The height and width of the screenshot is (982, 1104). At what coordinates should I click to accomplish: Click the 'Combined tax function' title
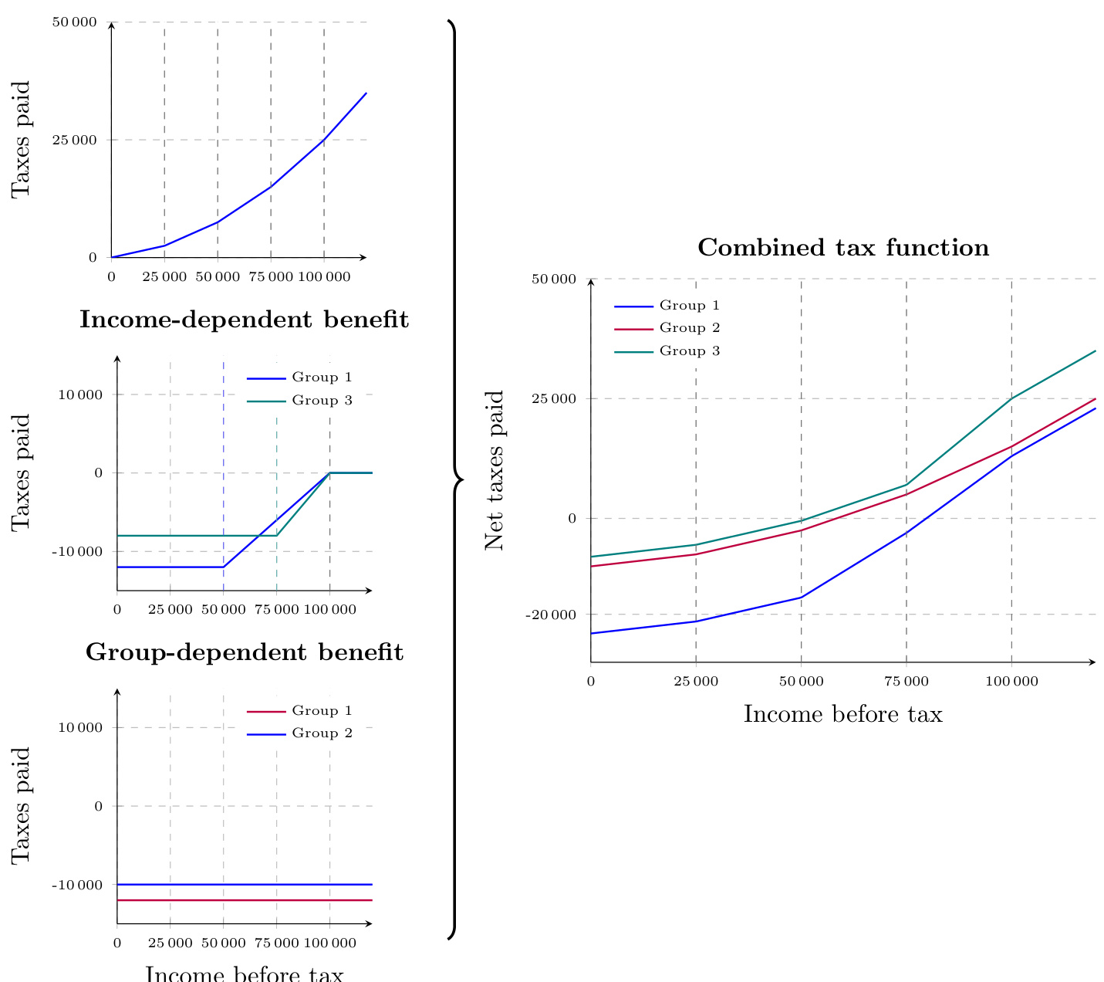tap(843, 249)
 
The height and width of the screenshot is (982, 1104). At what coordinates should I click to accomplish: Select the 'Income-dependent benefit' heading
tap(244, 320)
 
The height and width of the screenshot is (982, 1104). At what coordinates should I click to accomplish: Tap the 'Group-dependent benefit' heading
tap(244, 653)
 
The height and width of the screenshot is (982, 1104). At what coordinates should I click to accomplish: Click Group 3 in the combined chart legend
tap(690, 352)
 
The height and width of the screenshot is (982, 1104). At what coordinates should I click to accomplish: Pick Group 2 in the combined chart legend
tap(690, 329)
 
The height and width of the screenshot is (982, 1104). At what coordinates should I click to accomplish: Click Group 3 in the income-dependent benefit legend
tap(322, 401)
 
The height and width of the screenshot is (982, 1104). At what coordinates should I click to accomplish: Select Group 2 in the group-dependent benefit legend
tap(322, 733)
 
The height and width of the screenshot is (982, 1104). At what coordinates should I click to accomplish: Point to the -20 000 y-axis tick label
tap(551, 615)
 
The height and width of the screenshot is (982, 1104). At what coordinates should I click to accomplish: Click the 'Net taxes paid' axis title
tap(495, 470)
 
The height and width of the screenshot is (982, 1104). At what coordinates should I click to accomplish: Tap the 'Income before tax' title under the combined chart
tap(842, 714)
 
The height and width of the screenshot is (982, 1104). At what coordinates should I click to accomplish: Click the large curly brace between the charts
tap(457, 479)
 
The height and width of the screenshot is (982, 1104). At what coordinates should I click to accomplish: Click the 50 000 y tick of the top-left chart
tap(74, 22)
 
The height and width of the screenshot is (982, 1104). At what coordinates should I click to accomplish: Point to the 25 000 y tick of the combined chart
tap(554, 399)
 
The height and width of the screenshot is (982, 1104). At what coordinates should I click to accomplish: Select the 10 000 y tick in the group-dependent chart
tap(80, 728)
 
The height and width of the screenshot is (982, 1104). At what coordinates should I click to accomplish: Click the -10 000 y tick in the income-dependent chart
tap(77, 552)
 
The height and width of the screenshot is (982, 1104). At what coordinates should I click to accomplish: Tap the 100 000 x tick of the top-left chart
tap(323, 276)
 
